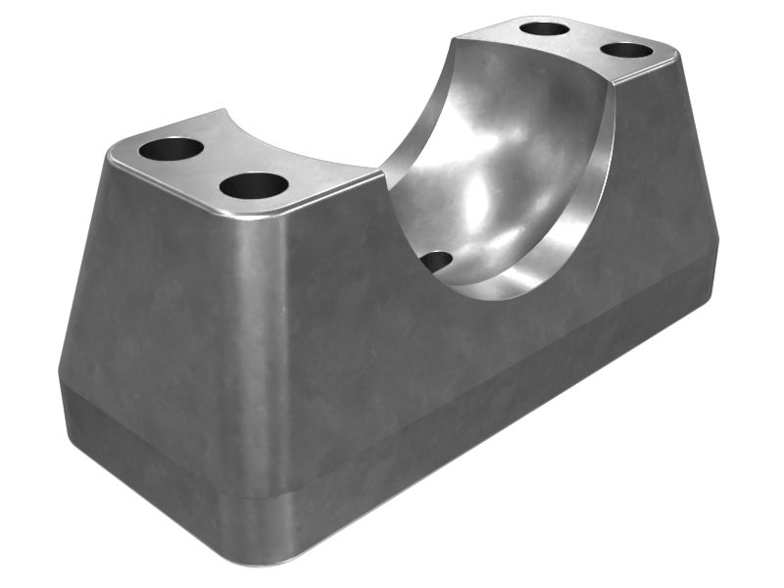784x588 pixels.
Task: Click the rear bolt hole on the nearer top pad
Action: coord(171,150)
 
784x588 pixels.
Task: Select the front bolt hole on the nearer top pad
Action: coord(253,184)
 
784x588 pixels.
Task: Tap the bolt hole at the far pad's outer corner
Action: coord(626,49)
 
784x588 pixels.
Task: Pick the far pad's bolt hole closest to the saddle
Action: coord(545,28)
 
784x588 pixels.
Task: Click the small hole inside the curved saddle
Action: coord(437,262)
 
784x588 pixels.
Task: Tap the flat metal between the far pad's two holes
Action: coord(586,38)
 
